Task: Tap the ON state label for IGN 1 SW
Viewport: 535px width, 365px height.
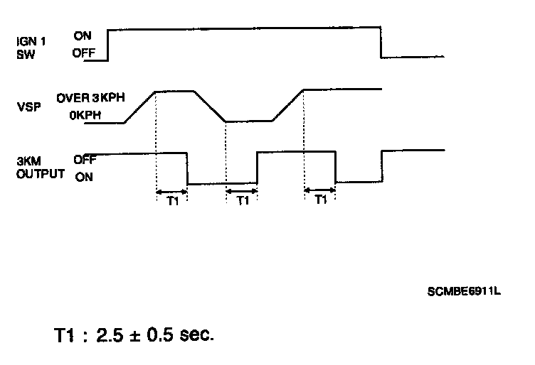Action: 82,35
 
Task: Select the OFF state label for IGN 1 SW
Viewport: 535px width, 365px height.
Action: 83,53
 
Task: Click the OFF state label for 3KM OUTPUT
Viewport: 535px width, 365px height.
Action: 85,160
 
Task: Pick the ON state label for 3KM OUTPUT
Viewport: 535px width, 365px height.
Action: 83,177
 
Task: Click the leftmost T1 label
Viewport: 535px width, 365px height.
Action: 171,201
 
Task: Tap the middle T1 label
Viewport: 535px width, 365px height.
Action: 243,201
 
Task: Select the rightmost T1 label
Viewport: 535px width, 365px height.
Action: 320,201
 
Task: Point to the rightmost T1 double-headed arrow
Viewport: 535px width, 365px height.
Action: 319,190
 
